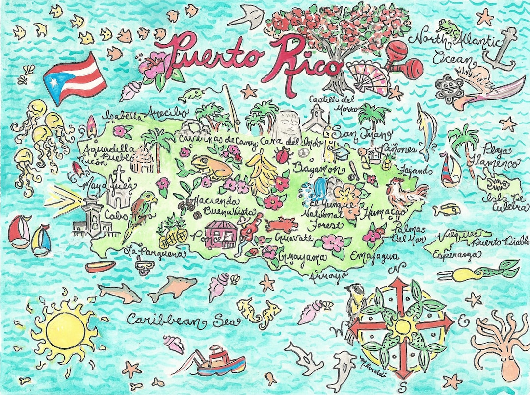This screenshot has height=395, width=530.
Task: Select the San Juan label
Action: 362,133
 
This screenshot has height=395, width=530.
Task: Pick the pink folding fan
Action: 368,78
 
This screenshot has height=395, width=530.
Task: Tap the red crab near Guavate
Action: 282,225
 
